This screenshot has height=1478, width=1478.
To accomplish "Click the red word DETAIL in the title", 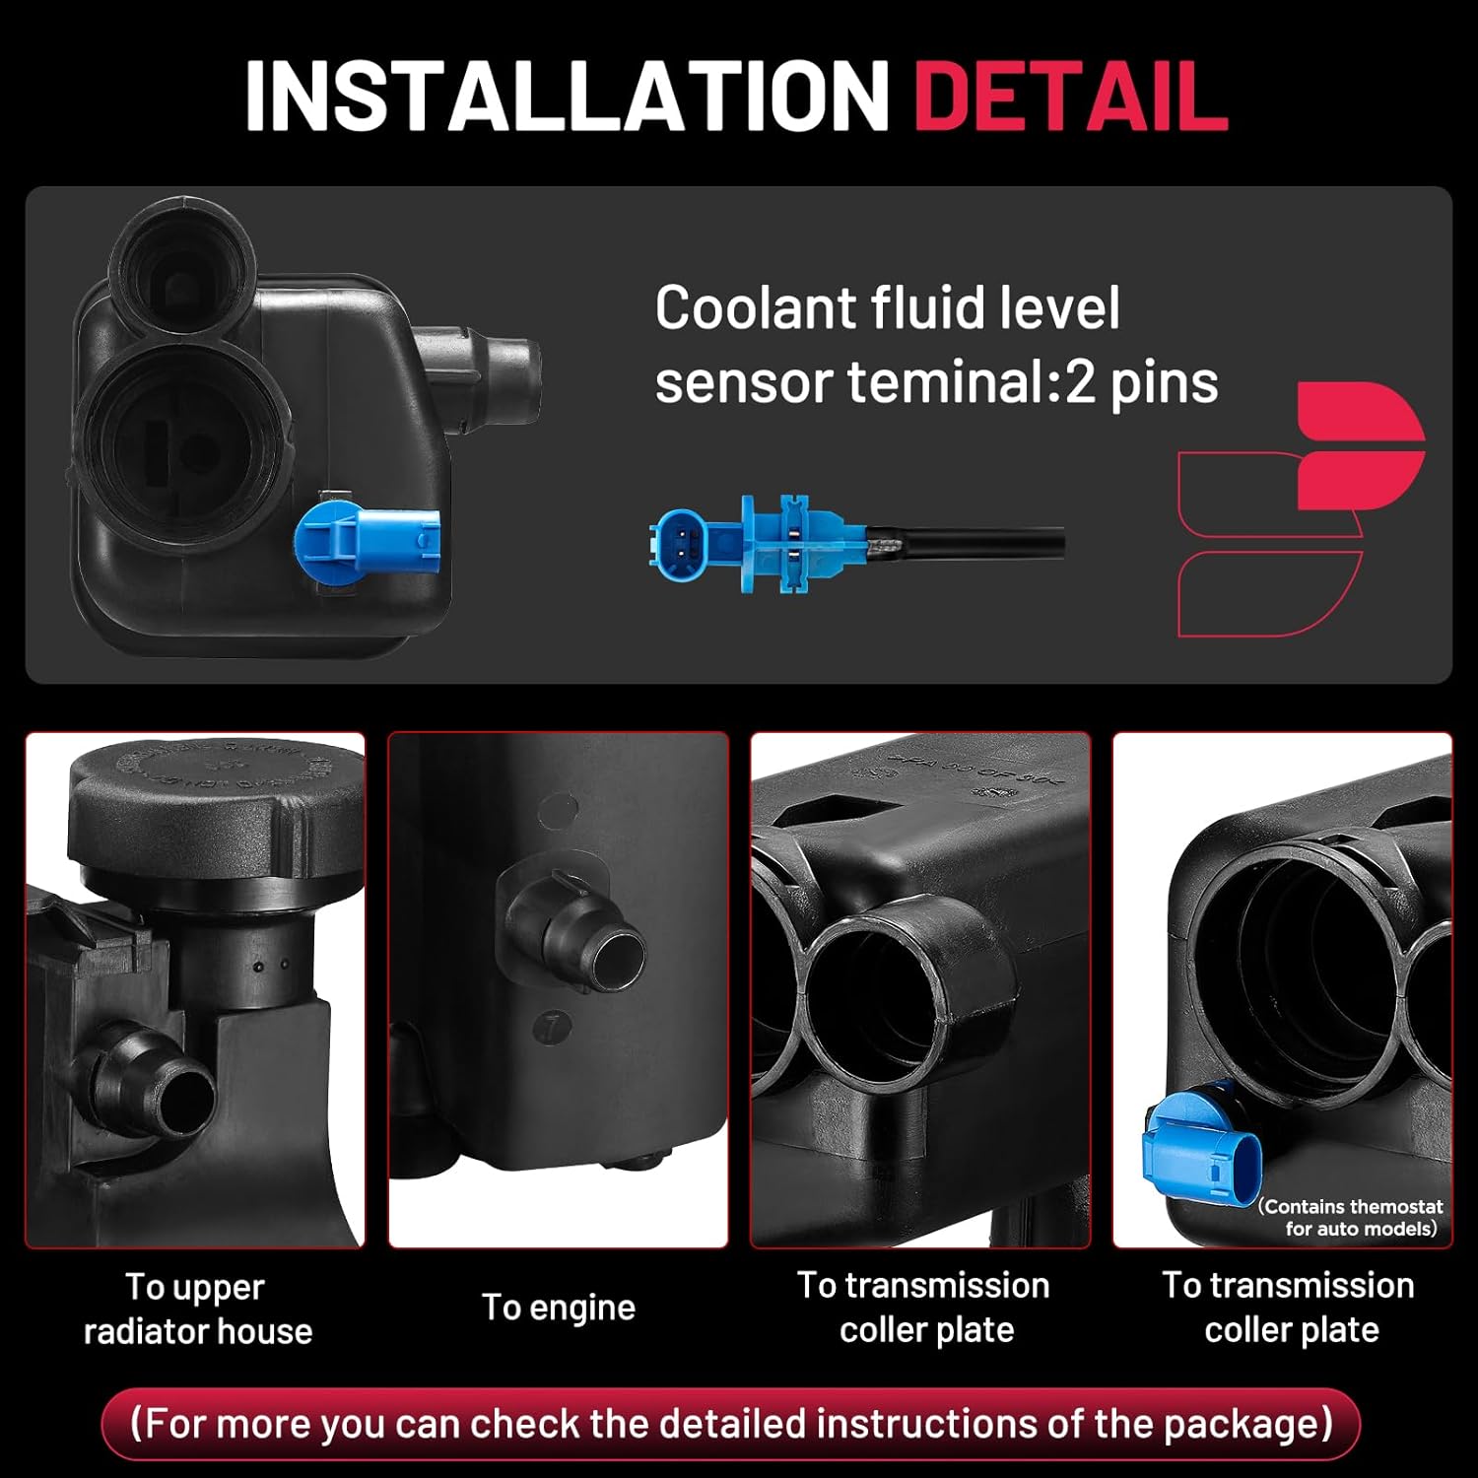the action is point(1071,96).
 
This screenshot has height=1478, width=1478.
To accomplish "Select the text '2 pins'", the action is point(1142,382).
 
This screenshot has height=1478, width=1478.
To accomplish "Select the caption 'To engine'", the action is point(559,1308).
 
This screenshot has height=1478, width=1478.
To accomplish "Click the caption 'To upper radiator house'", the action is point(198,1309).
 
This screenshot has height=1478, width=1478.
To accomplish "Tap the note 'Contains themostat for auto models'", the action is point(1351,1218).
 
